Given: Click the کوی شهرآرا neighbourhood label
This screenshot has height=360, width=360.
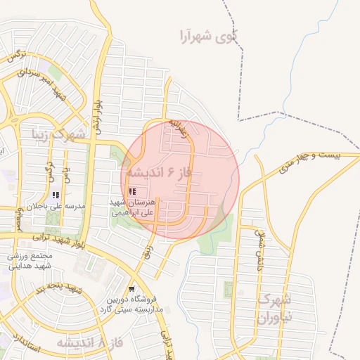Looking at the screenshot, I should pos(209,34).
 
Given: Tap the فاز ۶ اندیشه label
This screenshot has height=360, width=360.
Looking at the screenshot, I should pos(164,172).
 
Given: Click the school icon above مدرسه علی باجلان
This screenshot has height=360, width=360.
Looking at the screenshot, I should pos(56,195).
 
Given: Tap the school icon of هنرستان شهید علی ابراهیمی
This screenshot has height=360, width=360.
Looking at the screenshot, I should pos(133,191).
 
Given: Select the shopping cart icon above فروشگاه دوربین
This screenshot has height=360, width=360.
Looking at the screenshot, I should pos(131,289).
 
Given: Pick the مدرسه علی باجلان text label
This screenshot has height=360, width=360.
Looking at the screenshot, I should pos(56,207).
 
